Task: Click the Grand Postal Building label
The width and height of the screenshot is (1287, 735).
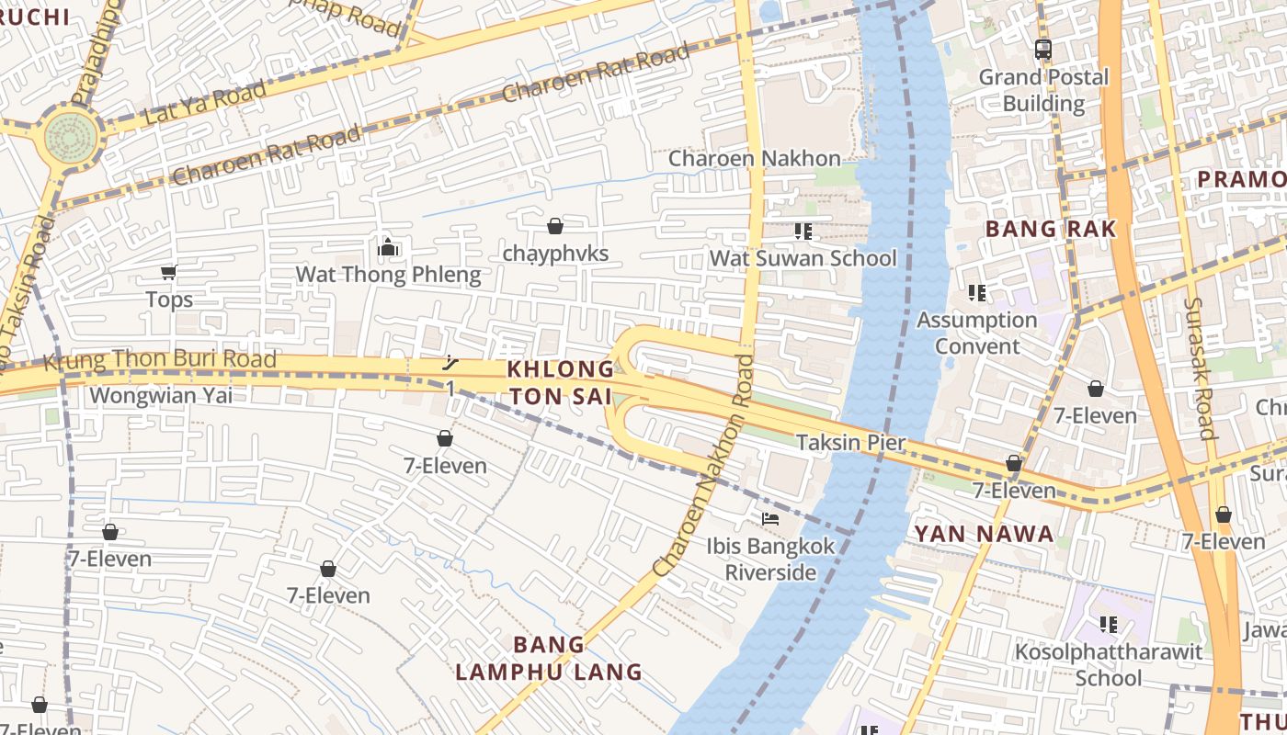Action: (1043, 90)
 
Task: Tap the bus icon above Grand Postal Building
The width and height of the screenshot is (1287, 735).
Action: (1042, 50)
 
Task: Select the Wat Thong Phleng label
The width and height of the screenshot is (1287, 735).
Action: (388, 275)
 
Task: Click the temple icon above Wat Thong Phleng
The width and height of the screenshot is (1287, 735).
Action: (388, 247)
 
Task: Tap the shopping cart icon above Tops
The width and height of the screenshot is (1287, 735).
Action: (168, 272)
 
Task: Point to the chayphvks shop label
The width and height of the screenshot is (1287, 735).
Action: (555, 254)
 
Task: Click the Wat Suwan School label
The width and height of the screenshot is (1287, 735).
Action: (803, 258)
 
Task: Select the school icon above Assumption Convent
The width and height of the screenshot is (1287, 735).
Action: (976, 293)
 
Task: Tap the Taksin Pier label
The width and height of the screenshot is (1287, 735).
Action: (850, 443)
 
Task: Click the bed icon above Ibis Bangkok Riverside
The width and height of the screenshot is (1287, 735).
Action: (770, 519)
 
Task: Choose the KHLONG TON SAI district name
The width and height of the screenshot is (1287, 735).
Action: (561, 382)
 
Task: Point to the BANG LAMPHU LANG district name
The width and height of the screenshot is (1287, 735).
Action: (549, 658)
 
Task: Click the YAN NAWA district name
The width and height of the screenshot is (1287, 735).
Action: (984, 534)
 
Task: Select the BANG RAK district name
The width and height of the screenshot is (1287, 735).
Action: (1051, 229)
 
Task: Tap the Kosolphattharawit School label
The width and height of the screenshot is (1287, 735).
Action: (1109, 665)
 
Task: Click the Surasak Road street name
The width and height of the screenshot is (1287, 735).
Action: (1200, 367)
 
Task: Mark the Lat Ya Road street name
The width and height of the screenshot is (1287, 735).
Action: (205, 104)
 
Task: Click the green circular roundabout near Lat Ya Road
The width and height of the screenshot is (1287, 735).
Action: (71, 138)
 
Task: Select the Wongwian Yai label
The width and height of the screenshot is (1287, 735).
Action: (161, 396)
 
